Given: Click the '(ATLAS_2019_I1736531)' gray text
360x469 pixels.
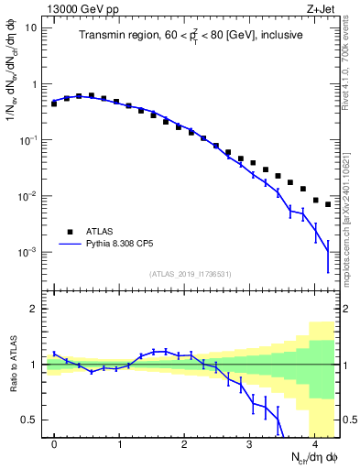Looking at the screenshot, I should [x=191, y=275].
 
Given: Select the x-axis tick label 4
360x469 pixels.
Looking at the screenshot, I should [x=315, y=444].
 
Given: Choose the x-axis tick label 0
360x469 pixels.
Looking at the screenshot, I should [x=54, y=444].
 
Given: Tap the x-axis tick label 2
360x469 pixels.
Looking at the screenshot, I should [x=184, y=444].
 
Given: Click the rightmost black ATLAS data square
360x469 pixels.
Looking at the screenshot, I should [x=328, y=204].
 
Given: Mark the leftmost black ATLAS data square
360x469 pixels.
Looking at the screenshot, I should [x=54, y=104].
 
